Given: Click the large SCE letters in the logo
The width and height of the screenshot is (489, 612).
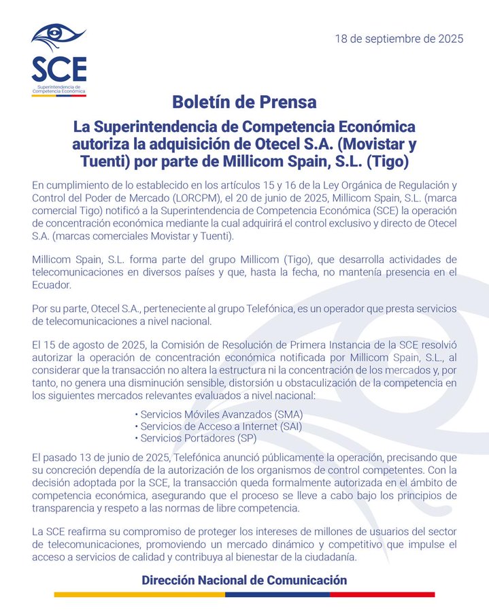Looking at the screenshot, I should [58, 69].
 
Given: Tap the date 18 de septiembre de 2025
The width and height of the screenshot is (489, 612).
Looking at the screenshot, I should [399, 38].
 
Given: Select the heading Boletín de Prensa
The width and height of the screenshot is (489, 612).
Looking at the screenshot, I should [244, 103].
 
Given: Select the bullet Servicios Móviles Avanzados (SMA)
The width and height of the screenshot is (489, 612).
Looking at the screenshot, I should [219, 414].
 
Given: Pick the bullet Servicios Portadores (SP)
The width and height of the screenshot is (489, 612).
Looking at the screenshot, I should [195, 439].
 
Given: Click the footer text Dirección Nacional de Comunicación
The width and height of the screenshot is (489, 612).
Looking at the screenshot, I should [244, 580].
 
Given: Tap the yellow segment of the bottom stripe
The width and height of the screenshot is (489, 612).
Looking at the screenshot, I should [139, 595].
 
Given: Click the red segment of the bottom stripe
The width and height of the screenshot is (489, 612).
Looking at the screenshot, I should [382, 595].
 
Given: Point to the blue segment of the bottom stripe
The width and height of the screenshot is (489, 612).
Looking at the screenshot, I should [277, 595].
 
